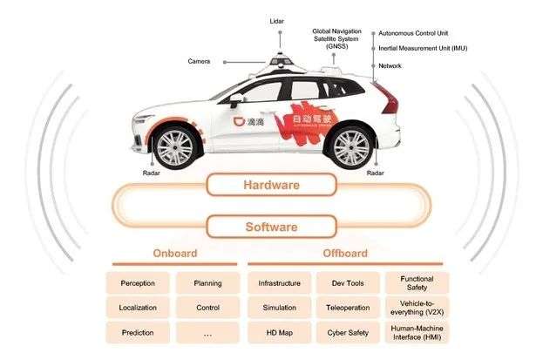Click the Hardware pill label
click(271, 186)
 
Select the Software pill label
click(271, 228)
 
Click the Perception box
click(139, 283)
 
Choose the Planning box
click(208, 283)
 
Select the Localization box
click(139, 308)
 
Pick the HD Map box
click(279, 333)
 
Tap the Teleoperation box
click(348, 308)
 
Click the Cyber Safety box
click(348, 333)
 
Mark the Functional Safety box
click(417, 282)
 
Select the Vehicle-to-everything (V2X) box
click(417, 308)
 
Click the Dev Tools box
click(348, 283)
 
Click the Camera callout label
click(199, 61)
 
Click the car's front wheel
click(180, 145)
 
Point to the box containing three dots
click(208, 333)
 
